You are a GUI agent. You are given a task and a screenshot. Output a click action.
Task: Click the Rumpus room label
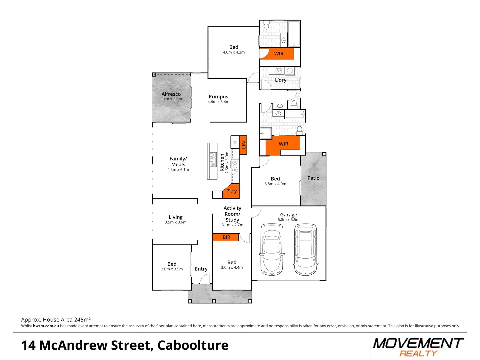coord(218,97)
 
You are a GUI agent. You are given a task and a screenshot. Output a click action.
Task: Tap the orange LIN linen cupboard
coord(243,145)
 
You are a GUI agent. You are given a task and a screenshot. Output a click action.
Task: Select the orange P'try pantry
coord(231,191)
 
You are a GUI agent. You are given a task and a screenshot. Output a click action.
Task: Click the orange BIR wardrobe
coord(226,237)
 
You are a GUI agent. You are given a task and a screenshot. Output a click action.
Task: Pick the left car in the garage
coord(272,249)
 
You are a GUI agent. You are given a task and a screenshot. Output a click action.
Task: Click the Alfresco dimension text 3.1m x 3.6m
coord(171,99)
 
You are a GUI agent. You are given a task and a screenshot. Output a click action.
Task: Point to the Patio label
coord(313,178)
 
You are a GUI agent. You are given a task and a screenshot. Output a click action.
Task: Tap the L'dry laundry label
coord(280,80)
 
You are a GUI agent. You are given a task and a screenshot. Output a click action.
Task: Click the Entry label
coord(201,269)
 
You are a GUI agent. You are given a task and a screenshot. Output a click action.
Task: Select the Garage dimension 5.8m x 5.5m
coord(289,220)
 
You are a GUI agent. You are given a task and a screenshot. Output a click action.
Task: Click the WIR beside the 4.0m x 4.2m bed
coord(279,54)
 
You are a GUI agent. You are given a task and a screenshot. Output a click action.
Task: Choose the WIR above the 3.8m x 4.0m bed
coord(283,144)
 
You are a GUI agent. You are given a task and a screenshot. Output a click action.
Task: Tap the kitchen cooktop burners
coord(235,166)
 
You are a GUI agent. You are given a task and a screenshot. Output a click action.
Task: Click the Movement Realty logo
coord(418,347)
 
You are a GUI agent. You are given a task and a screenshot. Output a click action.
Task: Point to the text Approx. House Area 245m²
coord(56,320)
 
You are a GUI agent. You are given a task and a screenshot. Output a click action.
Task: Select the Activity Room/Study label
coord(232,214)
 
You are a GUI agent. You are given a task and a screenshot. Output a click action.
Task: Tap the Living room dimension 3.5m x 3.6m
coord(176,222)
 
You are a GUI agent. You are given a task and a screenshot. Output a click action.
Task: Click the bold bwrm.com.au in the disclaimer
coord(46,326)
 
